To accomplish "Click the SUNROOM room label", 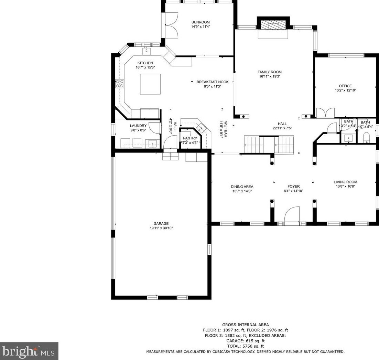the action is click(x=201, y=22).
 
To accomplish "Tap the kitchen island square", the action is click(x=150, y=84).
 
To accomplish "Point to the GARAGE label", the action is click(x=161, y=224).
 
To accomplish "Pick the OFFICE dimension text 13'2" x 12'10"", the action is click(x=345, y=90).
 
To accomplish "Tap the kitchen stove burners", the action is click(x=120, y=84).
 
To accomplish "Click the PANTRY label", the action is click(x=190, y=138).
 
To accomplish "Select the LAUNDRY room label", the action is click(x=138, y=126).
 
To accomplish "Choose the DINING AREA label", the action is click(x=242, y=187).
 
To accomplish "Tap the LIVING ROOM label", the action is click(x=345, y=182).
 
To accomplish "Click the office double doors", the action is click(x=325, y=113).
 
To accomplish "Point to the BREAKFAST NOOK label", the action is click(x=213, y=82).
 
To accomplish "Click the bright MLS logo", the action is click(x=29, y=351).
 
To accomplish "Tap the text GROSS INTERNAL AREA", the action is click(x=246, y=325).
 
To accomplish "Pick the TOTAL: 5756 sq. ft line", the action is click(x=246, y=346).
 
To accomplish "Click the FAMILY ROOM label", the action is click(x=270, y=72).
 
